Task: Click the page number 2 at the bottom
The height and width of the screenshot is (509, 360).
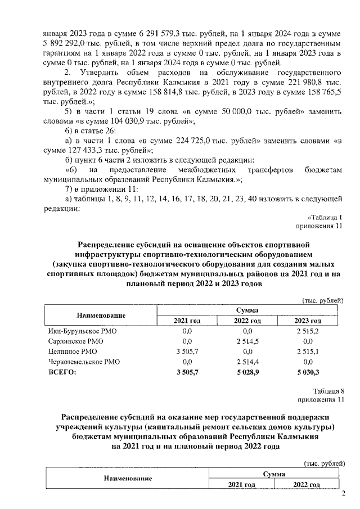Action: (x=344, y=495)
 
